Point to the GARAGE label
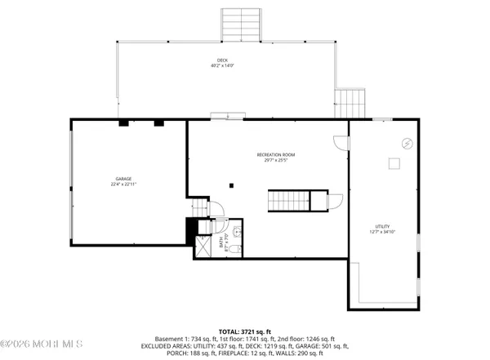point(123,179)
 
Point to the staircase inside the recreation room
point(291,199)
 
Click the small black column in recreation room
point(231,184)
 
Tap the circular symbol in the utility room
point(406,144)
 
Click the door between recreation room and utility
point(341,142)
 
